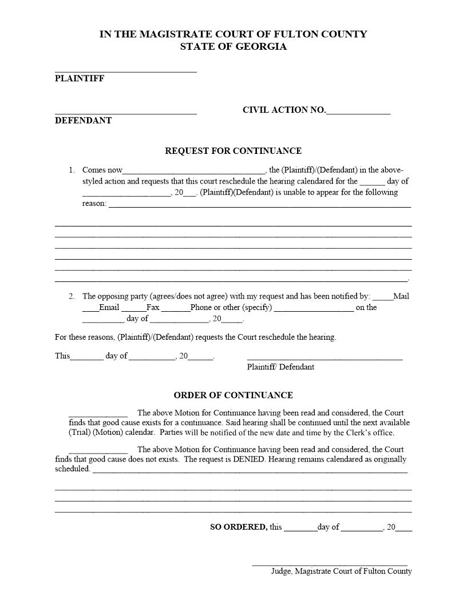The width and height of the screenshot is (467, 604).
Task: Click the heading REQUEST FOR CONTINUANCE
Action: click(x=233, y=151)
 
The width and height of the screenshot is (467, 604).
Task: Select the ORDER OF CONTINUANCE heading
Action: click(x=233, y=395)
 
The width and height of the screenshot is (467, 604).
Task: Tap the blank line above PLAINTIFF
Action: click(x=126, y=71)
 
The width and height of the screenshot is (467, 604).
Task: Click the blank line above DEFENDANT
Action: click(x=126, y=113)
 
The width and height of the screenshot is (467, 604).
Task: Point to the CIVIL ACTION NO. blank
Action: click(x=358, y=113)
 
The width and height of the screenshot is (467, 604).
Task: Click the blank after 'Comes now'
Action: click(x=194, y=171)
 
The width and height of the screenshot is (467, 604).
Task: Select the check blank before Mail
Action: click(x=383, y=299)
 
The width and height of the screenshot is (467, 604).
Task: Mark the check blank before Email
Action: click(x=90, y=309)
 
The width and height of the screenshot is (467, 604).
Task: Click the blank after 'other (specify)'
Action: click(x=314, y=309)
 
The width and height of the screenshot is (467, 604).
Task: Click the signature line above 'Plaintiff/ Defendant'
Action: click(x=324, y=358)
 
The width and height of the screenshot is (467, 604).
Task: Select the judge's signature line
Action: click(x=330, y=565)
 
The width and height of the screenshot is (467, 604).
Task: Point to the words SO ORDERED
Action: click(x=238, y=527)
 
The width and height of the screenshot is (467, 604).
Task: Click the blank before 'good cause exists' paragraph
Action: click(x=98, y=415)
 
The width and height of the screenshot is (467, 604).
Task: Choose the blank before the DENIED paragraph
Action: click(x=98, y=452)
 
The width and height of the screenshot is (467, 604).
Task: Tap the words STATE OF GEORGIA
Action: click(x=233, y=47)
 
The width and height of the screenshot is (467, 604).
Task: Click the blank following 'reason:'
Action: click(x=259, y=205)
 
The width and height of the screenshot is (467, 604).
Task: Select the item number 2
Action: click(x=72, y=296)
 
